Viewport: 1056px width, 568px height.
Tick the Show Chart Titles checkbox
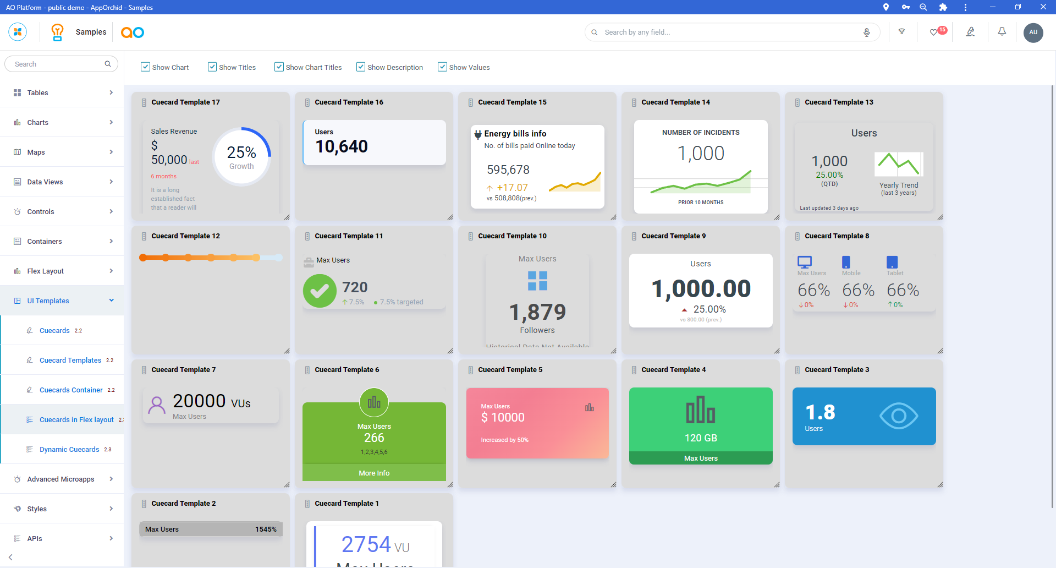[279, 67]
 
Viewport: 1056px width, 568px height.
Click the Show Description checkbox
[361, 67]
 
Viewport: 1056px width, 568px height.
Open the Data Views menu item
[45, 182]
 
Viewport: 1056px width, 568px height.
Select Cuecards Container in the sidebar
[71, 390]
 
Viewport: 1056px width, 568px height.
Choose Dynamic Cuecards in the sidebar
[69, 450]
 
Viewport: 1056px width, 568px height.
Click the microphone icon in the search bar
[867, 32]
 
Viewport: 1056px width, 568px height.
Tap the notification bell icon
[1002, 32]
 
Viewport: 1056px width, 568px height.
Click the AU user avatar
[1033, 32]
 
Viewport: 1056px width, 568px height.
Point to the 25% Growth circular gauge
[241, 157]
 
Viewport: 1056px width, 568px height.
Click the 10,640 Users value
[342, 146]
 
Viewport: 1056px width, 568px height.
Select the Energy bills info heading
[515, 134]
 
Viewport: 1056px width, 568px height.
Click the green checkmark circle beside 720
[320, 291]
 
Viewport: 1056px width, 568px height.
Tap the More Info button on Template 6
[374, 473]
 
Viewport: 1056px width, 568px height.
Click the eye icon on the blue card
[898, 416]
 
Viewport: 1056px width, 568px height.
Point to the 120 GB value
[701, 438]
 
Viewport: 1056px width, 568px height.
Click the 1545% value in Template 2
[266, 529]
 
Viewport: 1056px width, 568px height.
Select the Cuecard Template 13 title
[839, 102]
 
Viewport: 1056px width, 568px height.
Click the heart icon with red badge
[934, 32]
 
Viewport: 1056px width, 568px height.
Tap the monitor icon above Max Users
[805, 262]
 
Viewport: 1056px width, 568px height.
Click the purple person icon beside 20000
[157, 406]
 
